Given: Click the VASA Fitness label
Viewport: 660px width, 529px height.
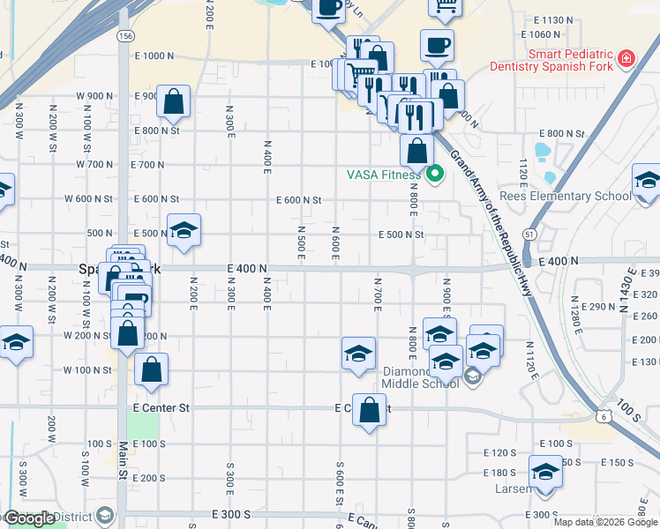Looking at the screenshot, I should [x=383, y=175].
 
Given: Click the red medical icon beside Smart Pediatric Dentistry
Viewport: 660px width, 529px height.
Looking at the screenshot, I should [x=626, y=58].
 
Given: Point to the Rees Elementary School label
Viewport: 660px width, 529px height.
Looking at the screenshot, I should [x=577, y=196].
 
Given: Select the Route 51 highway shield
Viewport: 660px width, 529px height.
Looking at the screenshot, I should [x=529, y=234].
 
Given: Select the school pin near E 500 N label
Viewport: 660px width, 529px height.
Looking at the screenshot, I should [x=184, y=231].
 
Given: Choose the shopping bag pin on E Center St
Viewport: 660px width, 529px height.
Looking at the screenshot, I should [x=369, y=409].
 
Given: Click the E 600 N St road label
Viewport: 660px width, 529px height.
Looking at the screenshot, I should [x=299, y=200].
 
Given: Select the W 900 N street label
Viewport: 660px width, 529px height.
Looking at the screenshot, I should [x=95, y=95].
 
